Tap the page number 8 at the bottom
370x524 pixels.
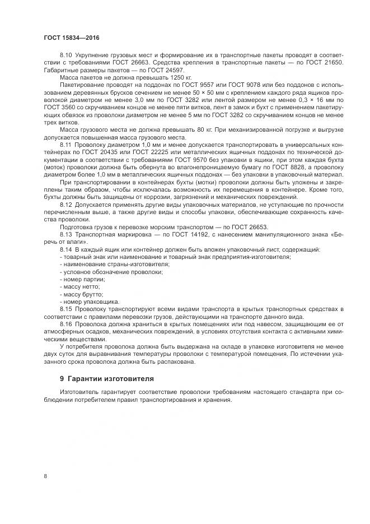pyautogui.click(x=45, y=476)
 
